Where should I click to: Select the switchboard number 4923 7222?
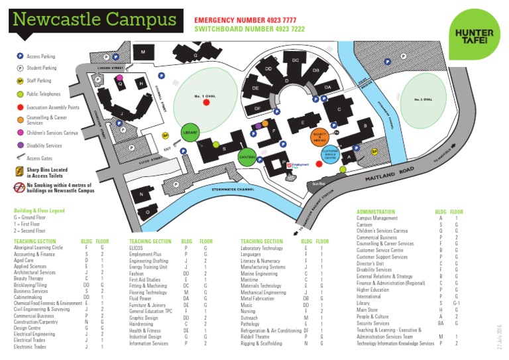pyautogui.click(x=249, y=30)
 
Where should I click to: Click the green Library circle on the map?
pyautogui.click(x=190, y=133)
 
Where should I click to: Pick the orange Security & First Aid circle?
pyautogui.click(x=319, y=137)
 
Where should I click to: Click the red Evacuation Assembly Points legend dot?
pyautogui.click(x=21, y=106)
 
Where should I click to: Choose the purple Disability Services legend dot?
pyautogui.click(x=21, y=145)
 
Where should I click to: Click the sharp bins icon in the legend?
pyautogui.click(x=20, y=171)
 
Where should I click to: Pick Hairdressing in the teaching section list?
pyautogui.click(x=142, y=324)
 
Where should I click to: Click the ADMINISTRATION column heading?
pyautogui.click(x=376, y=212)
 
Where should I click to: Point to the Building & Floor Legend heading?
pyautogui.click(x=40, y=211)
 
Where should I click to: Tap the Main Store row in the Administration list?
pyautogui.click(x=368, y=310)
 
